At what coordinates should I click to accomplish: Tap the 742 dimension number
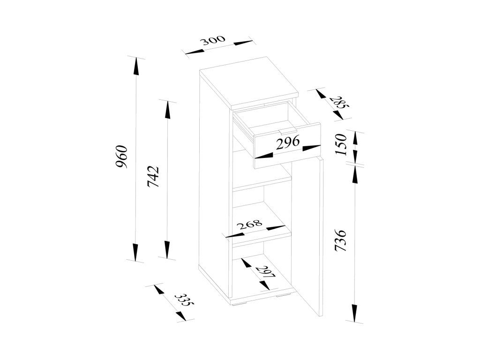(153, 177)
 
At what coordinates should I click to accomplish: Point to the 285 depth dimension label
(339, 102)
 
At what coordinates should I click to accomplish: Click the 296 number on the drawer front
(287, 142)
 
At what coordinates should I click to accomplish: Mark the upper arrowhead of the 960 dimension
(135, 67)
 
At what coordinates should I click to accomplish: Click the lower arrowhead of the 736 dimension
(355, 313)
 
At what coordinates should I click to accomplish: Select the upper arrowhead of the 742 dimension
(167, 110)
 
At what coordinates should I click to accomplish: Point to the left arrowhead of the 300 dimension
(194, 53)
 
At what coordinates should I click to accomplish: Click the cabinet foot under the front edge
(240, 305)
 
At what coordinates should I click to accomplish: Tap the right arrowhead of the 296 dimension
(312, 148)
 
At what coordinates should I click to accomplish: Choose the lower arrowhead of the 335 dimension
(180, 315)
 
